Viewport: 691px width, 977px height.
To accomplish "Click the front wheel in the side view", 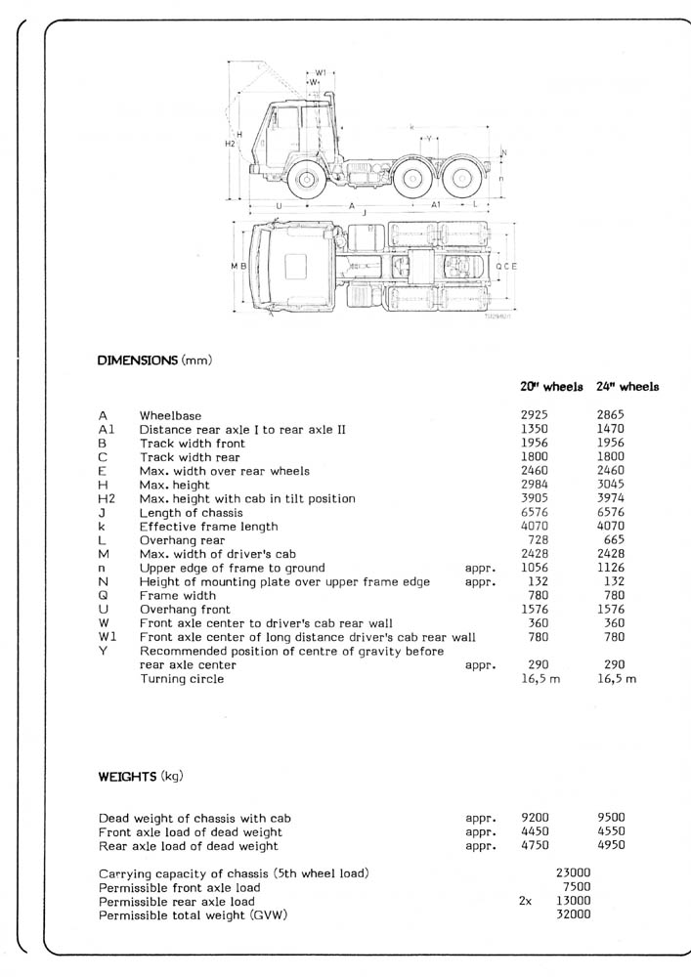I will [x=307, y=180].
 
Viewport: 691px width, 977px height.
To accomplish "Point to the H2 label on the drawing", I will [x=230, y=144].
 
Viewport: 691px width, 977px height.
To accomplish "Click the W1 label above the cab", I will [x=321, y=72].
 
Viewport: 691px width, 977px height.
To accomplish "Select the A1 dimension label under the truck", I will [x=436, y=205].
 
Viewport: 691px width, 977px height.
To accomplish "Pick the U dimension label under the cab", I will [x=279, y=206].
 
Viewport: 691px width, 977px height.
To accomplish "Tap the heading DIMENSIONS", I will [x=138, y=361].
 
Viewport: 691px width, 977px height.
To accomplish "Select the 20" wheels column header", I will [x=551, y=387].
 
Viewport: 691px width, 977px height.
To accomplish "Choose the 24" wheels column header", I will [x=627, y=387].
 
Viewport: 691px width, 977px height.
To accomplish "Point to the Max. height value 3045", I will [x=611, y=485].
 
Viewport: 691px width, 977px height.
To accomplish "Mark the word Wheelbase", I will [x=170, y=415].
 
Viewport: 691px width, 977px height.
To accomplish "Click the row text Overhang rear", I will [x=182, y=540].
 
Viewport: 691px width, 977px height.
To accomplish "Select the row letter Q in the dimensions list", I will [x=103, y=596].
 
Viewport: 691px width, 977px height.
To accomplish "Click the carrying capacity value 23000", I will [x=573, y=872].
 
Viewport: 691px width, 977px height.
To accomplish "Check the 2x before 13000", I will [x=526, y=901].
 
